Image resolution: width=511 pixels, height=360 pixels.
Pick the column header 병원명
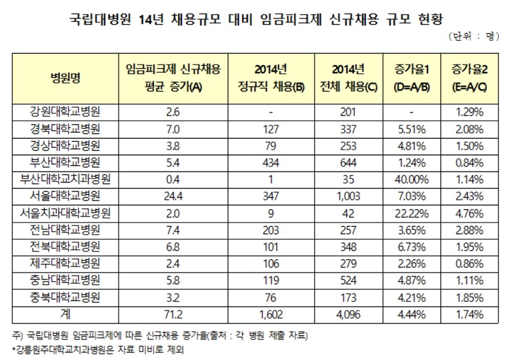pyautogui.click(x=66, y=79)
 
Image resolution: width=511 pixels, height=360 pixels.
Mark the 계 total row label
pyautogui.click(x=66, y=315)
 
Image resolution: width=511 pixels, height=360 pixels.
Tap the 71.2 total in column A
pyautogui.click(x=165, y=315)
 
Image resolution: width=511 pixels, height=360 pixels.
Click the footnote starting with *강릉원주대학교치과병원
pyautogui.click(x=105, y=349)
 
